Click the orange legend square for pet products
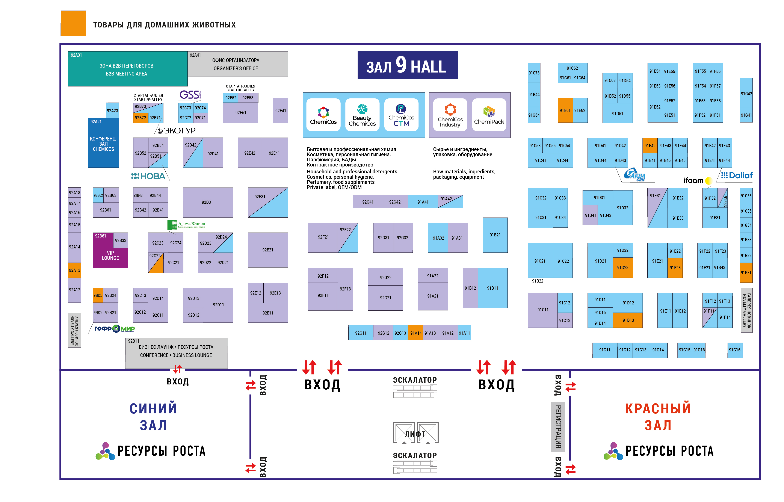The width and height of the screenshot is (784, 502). tap(73, 23)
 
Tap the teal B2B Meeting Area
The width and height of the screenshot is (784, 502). tap(127, 69)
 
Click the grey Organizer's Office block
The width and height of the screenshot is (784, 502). tap(237, 64)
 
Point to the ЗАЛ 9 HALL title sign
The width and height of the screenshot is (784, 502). tap(407, 65)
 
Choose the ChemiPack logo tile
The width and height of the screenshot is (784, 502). tap(489, 115)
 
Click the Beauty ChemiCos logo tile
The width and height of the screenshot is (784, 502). tap(362, 115)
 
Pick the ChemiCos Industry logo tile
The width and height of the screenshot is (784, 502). tap(450, 115)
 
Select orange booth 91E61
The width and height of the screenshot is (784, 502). tap(565, 110)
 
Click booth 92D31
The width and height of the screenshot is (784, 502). tap(208, 202)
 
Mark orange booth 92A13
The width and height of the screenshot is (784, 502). tap(74, 270)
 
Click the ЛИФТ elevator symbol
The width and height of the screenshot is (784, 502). tap(415, 433)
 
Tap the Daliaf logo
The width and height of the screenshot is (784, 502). tap(737, 175)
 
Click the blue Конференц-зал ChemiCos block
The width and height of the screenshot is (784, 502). tap(103, 144)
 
